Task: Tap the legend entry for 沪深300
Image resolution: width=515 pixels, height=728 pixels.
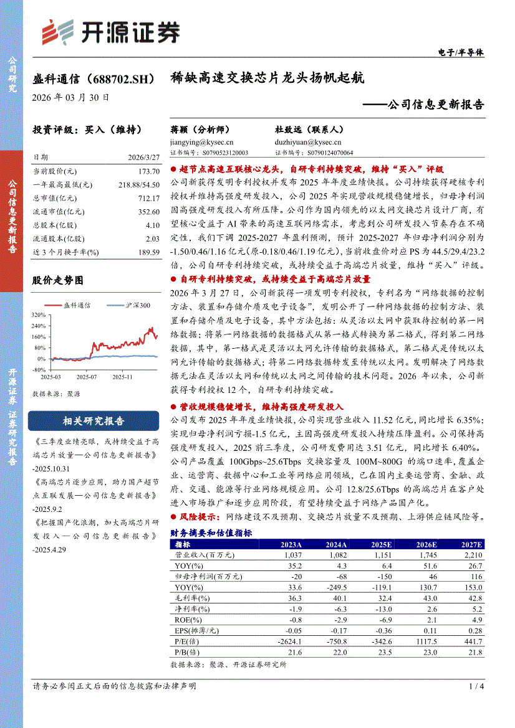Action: point(128,305)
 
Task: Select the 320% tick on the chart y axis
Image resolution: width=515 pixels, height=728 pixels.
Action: point(38,315)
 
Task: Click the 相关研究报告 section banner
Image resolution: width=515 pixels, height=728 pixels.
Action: point(94,421)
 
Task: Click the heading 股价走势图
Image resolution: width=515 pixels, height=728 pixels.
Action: point(57,281)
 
